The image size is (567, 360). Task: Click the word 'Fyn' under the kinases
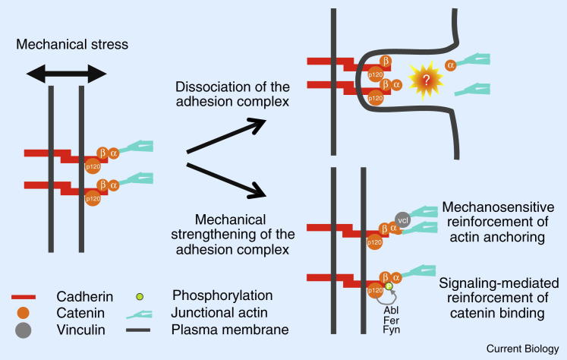tap(392, 332)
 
